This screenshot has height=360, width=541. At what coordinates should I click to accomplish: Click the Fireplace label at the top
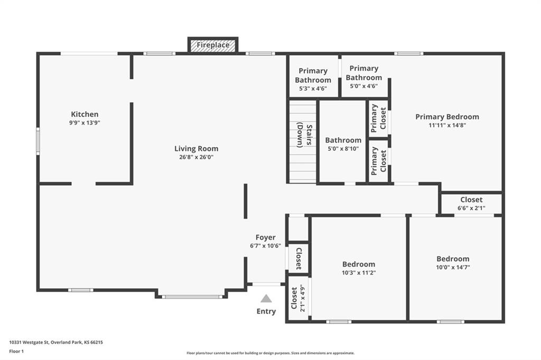(213, 45)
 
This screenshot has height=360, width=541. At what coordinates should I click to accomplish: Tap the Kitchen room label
(85, 114)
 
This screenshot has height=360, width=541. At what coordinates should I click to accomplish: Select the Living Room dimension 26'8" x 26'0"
(197, 157)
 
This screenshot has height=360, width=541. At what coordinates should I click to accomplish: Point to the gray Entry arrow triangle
(266, 298)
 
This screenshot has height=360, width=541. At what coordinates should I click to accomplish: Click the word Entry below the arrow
(266, 311)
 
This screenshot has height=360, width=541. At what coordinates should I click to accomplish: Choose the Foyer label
(265, 237)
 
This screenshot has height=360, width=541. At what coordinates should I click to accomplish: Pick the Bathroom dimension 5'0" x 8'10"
(343, 149)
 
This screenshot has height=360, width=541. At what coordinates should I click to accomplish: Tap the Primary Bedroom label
(447, 117)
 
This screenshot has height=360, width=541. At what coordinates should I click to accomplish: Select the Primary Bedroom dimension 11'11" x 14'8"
(447, 125)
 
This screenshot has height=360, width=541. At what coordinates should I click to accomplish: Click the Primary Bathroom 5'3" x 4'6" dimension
(313, 88)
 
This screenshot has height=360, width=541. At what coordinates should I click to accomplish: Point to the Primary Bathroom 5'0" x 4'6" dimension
(363, 86)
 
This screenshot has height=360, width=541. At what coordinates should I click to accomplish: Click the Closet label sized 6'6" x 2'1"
(471, 200)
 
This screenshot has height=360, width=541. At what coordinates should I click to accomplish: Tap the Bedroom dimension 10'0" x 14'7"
(453, 267)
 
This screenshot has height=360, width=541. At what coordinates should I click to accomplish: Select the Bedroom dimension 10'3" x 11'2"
(359, 273)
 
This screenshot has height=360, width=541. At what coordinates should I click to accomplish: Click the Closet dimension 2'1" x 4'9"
(303, 298)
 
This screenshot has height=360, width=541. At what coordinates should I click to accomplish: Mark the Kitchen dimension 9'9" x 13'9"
(85, 123)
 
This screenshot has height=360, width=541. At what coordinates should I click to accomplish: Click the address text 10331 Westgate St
(30, 343)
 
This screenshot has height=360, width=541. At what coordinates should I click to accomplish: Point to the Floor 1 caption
(16, 352)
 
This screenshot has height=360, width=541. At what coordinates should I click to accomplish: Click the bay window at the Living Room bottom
(192, 297)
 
